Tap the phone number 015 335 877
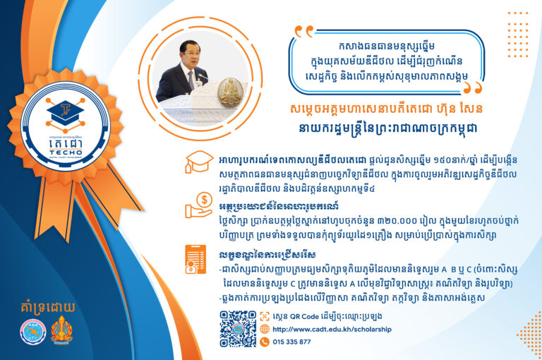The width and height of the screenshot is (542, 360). pos(291,342)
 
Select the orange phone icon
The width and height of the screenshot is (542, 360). pos(265,342)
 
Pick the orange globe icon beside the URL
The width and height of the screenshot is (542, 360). pos(265,330)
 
